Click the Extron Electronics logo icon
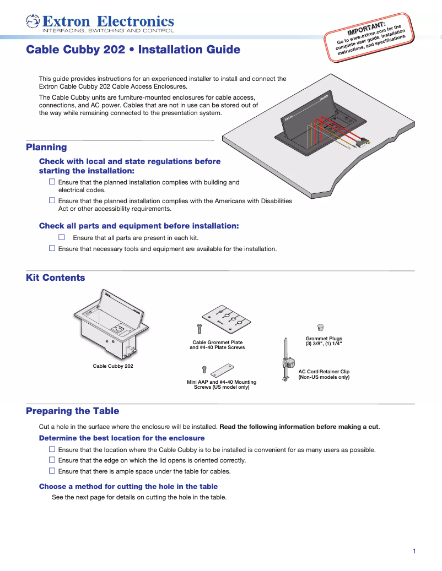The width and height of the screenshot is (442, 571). coord(33,21)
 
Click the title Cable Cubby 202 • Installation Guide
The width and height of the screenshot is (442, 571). coord(133,50)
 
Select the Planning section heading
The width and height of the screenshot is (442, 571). coord(46,147)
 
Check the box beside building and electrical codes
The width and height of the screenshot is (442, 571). coord(52,182)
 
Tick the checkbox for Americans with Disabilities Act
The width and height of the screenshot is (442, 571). coord(52,201)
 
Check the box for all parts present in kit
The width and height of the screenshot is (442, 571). coord(62,237)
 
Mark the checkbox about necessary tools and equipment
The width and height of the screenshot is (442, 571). coord(52,249)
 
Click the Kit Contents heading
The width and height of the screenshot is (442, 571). coord(55,278)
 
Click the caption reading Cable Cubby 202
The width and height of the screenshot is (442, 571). coord(112,366)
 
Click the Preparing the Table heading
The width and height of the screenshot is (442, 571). coord(72,411)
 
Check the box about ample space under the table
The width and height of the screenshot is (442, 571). coord(52,471)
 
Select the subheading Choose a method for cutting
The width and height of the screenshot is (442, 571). coord(128,486)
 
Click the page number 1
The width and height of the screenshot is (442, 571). coord(414,551)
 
